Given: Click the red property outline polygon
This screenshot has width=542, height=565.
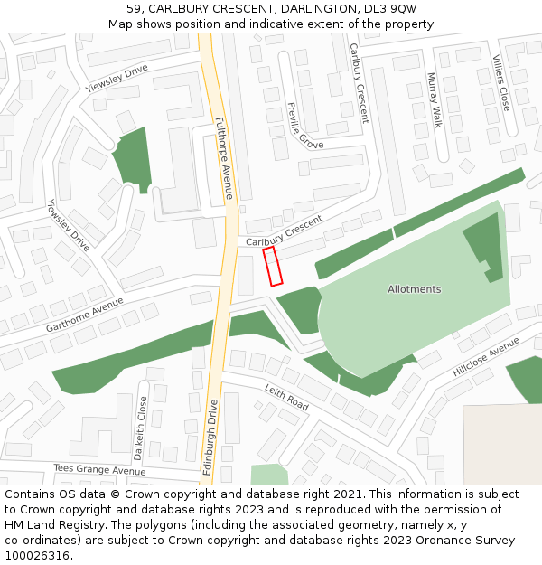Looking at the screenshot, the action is (273, 267).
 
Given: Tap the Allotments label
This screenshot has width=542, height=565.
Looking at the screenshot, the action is (414, 289).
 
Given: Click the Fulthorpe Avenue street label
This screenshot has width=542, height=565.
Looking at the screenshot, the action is (224, 158).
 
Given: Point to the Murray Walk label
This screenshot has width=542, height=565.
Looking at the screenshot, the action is (435, 99).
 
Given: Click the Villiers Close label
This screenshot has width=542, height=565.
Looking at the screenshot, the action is (502, 83).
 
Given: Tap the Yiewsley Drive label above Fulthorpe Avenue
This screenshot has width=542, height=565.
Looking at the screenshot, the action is (116, 79).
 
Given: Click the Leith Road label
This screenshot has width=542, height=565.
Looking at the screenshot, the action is (286, 398).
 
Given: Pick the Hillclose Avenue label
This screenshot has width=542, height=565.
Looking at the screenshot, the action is (486, 357).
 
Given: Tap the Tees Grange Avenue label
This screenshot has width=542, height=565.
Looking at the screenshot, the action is (98, 470).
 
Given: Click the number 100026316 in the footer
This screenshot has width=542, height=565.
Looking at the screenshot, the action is (37, 555).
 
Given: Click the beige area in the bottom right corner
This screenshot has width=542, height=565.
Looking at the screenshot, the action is (502, 443).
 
